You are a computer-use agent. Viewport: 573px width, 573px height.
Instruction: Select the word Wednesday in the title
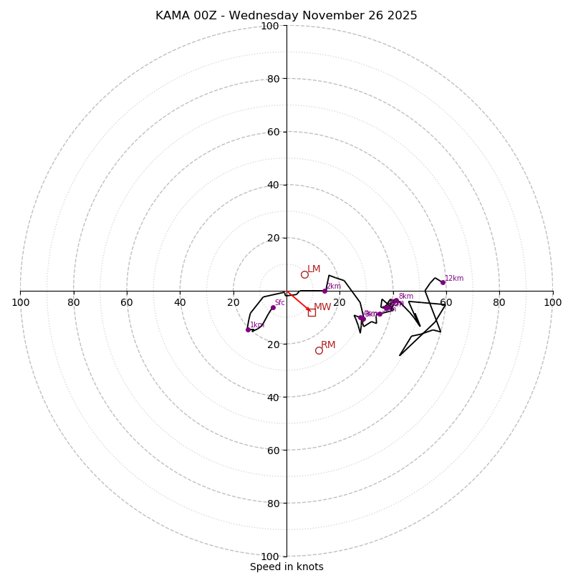[x=264, y=16]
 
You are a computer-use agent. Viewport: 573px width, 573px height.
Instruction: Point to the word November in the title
[x=334, y=16]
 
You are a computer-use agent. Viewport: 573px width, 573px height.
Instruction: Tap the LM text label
[x=314, y=269]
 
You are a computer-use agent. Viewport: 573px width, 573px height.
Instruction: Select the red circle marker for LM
[x=304, y=274]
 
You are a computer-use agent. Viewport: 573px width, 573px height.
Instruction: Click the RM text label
[x=328, y=345]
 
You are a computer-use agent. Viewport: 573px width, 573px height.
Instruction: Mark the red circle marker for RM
[x=319, y=350]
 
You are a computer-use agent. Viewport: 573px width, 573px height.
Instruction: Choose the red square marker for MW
[x=312, y=312]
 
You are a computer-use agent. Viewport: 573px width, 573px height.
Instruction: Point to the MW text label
[x=322, y=307]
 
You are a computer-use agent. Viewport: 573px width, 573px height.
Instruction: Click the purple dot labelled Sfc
[x=273, y=307]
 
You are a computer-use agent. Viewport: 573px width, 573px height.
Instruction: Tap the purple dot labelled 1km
[x=248, y=329]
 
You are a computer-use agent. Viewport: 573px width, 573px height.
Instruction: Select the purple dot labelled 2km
[x=324, y=291]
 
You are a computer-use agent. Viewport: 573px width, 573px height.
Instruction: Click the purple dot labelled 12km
[x=443, y=282]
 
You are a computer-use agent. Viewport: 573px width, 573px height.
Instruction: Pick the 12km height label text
[x=454, y=279]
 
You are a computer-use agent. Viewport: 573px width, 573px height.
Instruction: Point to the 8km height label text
[x=405, y=297]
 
